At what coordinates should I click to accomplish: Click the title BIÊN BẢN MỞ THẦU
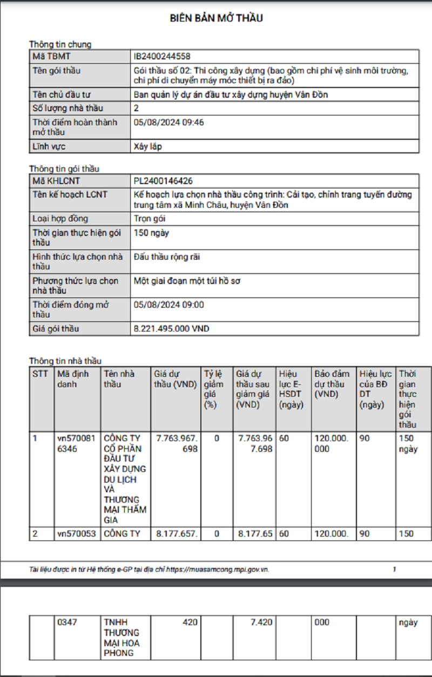(216, 18)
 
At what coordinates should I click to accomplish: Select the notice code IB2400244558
(162, 56)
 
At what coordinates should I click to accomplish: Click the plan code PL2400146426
(163, 181)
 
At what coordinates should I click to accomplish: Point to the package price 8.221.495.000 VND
(171, 329)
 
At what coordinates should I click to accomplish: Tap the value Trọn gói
(150, 219)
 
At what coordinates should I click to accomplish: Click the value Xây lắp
(147, 146)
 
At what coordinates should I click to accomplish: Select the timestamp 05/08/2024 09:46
(168, 123)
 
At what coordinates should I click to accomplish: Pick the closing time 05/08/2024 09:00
(168, 305)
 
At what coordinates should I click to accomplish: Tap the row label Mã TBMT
(52, 56)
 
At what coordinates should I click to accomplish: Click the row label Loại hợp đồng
(60, 219)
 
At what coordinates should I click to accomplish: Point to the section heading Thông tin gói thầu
(64, 169)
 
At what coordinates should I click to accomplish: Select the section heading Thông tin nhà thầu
(65, 361)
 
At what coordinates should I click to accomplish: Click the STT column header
(40, 374)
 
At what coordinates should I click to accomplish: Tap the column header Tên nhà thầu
(119, 379)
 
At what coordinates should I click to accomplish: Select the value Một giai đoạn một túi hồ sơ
(179, 281)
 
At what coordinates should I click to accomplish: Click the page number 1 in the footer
(394, 569)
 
